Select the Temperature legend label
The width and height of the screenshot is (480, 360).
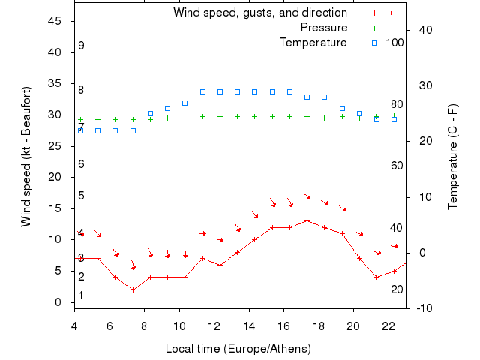(x=313, y=43)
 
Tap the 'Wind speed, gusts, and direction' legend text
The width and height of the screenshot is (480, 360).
(x=259, y=13)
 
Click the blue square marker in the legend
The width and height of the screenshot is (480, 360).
(x=374, y=43)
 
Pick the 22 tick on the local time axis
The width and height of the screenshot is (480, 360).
(x=388, y=325)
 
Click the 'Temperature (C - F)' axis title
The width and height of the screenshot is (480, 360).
(x=452, y=157)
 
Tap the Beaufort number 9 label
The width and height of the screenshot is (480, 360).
(x=81, y=46)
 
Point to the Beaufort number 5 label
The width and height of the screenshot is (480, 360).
(x=81, y=196)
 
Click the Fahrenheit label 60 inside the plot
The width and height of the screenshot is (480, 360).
(x=397, y=166)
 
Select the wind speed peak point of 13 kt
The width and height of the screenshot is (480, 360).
(x=307, y=220)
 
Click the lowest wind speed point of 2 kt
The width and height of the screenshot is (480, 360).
(x=133, y=289)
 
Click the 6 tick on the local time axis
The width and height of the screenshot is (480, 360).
(x=109, y=325)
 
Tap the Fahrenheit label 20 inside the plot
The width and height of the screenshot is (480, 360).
(x=397, y=289)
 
